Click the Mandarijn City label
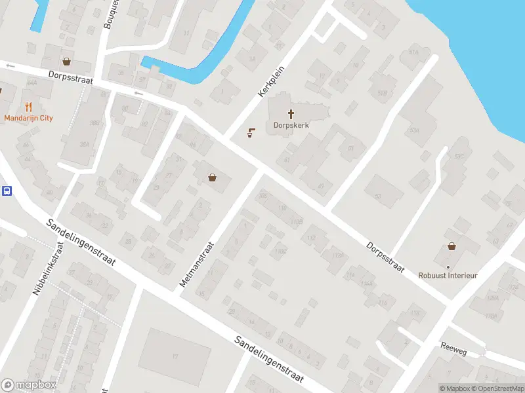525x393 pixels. [28, 118]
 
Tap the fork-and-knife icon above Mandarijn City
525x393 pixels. [28, 106]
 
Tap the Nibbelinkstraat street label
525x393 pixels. [49, 269]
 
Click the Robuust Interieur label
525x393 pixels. [448, 275]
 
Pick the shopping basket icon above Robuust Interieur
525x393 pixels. [451, 246]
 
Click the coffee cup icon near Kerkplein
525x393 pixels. [251, 134]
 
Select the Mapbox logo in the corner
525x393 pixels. [29, 385]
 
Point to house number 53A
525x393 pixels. [413, 130]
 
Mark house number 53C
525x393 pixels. [459, 156]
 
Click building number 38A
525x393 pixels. [83, 144]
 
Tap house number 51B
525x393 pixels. [382, 93]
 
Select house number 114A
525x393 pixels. [366, 284]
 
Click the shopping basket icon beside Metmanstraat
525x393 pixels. [212, 177]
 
